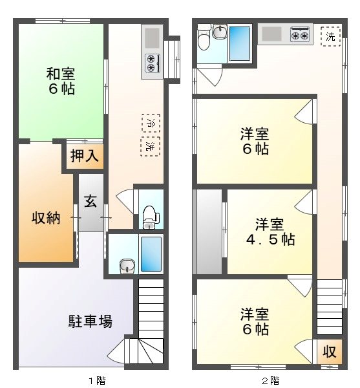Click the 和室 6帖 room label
point(61,80)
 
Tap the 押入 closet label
point(83,157)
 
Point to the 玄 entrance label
point(89,200)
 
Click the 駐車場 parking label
point(90,321)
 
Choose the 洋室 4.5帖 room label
point(270,232)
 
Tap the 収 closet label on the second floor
point(329,352)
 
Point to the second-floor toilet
point(203,40)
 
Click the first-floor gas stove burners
point(153,63)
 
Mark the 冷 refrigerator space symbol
point(151,122)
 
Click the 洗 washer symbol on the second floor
point(331,36)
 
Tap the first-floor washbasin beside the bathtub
point(125,266)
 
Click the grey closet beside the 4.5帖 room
point(207,231)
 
